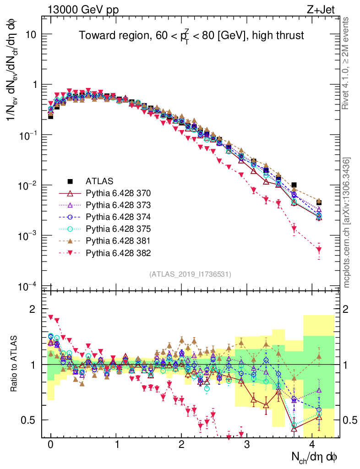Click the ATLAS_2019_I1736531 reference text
(190, 274)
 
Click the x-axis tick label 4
(312, 444)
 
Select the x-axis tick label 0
(50, 444)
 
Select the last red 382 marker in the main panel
(319, 250)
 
